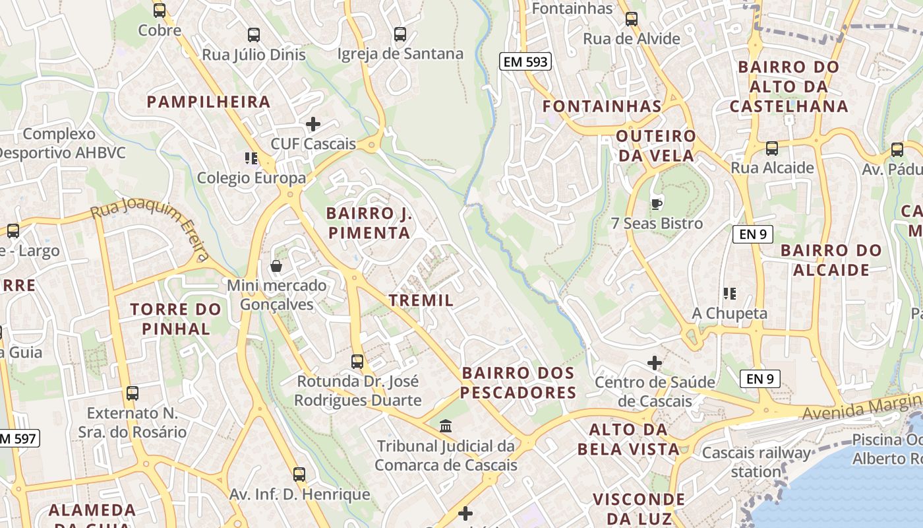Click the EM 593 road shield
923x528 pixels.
click(x=525, y=61)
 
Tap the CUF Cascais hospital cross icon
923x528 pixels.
click(x=313, y=123)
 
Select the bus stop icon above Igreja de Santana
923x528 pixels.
click(x=400, y=34)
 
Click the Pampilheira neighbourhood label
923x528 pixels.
click(x=208, y=102)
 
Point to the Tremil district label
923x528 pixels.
click(x=421, y=300)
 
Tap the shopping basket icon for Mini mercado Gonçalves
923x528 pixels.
click(x=276, y=266)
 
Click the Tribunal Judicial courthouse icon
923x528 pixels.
click(x=446, y=426)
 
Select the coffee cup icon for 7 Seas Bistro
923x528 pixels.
click(x=656, y=203)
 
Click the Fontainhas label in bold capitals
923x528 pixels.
click(x=601, y=106)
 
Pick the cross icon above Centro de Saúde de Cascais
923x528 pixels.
click(x=655, y=362)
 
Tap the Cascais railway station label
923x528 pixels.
click(x=756, y=462)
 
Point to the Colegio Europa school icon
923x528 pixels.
click(x=251, y=158)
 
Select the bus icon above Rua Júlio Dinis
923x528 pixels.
click(x=254, y=34)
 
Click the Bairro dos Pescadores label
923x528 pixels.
click(x=518, y=383)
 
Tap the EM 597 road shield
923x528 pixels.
click(x=18, y=438)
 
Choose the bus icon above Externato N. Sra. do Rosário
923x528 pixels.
click(x=133, y=393)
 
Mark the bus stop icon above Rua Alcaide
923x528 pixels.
click(x=772, y=148)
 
